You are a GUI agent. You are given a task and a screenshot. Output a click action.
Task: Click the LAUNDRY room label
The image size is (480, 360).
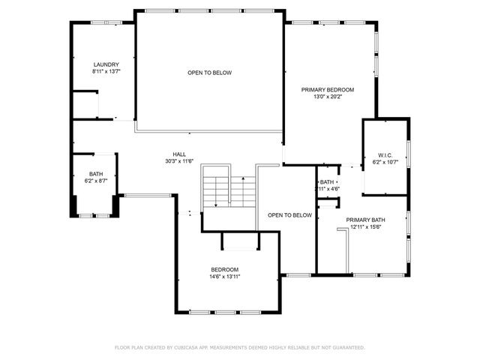(106, 64)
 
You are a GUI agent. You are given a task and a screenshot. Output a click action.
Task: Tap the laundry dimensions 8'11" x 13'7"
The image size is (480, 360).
(106, 72)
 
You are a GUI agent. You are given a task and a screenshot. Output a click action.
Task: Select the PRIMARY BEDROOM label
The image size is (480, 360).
(328, 89)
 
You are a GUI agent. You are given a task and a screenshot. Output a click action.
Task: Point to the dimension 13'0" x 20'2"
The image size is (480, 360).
(328, 97)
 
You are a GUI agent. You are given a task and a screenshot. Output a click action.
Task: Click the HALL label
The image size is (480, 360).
(179, 154)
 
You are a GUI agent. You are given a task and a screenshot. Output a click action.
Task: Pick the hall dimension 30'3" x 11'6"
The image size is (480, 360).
(179, 161)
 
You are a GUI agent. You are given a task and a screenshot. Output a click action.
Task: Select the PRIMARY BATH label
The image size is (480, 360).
(365, 220)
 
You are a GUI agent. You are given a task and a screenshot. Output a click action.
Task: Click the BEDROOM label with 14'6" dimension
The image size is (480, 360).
(224, 269)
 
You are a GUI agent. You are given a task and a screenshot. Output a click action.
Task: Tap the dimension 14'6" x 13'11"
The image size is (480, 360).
(224, 277)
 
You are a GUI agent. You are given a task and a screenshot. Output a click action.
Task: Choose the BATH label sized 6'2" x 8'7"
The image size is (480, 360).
(96, 173)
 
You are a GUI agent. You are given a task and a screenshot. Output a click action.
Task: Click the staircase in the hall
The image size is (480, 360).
(229, 191)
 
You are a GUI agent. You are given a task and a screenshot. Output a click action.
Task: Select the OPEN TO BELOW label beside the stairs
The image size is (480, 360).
(289, 215)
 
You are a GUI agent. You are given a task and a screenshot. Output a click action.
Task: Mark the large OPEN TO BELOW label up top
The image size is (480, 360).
(209, 73)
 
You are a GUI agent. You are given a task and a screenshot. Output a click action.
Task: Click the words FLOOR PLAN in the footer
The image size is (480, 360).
(128, 347)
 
